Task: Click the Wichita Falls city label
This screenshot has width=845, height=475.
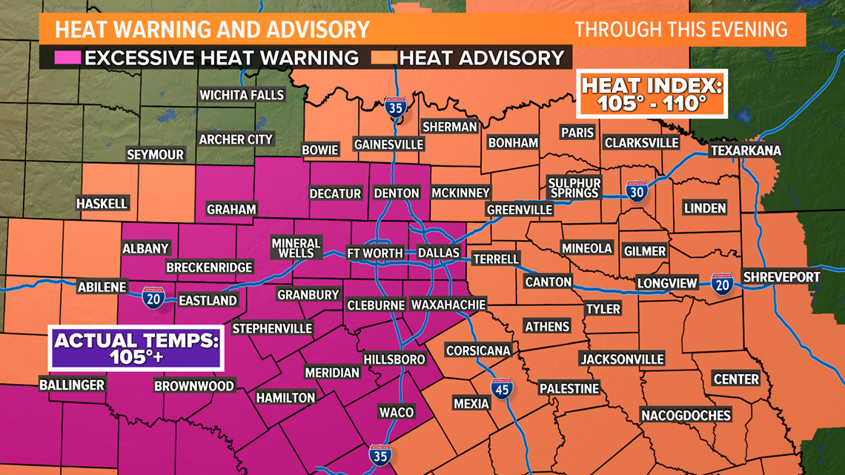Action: pyautogui.click(x=242, y=95)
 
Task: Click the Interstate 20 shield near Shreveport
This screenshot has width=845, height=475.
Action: pyautogui.click(x=722, y=284)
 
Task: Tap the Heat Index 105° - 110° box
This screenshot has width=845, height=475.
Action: pyautogui.click(x=652, y=93)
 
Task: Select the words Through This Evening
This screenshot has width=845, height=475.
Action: pyautogui.click(x=680, y=29)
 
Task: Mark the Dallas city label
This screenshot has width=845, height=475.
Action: pyautogui.click(x=439, y=253)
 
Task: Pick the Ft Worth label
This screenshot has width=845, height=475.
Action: pyautogui.click(x=375, y=253)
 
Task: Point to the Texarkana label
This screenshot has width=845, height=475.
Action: pyautogui.click(x=745, y=150)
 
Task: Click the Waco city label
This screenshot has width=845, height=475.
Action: pyautogui.click(x=396, y=412)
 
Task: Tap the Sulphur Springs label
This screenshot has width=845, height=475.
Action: pyautogui.click(x=574, y=187)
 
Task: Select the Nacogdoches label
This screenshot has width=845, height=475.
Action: pyautogui.click(x=686, y=415)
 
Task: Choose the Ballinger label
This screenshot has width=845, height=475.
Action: pyautogui.click(x=72, y=385)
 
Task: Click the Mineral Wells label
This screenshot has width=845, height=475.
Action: pyautogui.click(x=296, y=248)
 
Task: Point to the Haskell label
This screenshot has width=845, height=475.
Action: pyautogui.click(x=102, y=203)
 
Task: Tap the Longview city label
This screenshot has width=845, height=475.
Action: pyautogui.click(x=667, y=282)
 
